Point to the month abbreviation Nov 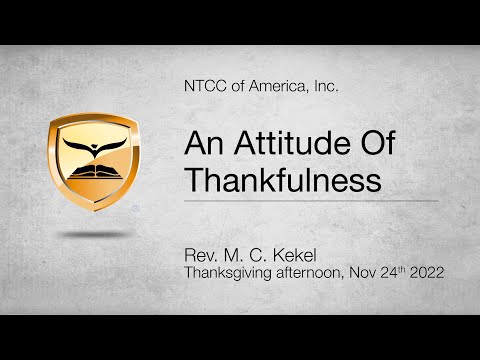click(x=364, y=269)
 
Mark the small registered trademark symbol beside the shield click(x=135, y=210)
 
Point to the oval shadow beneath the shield click(x=94, y=234)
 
